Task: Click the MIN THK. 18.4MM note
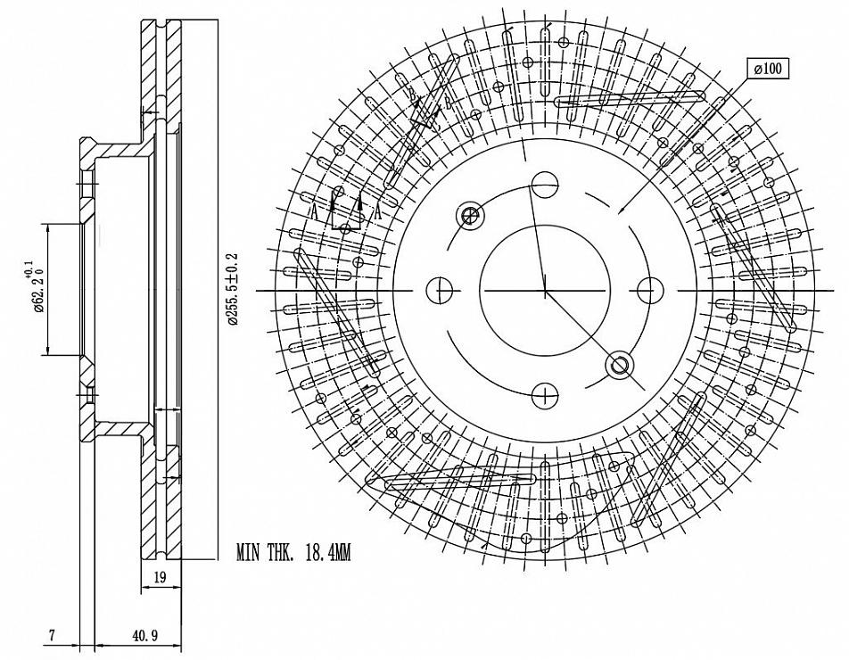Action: [x=293, y=554]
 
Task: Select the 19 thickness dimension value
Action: [x=160, y=578]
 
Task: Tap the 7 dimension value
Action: [x=53, y=636]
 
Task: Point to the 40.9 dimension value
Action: [x=144, y=636]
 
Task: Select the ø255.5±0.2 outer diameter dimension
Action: [x=234, y=290]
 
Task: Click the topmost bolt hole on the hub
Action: [x=545, y=185]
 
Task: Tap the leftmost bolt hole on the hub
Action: [x=439, y=290]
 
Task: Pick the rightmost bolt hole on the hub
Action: [x=651, y=290]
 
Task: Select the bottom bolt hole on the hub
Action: [x=545, y=395]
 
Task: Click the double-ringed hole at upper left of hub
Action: [x=470, y=214]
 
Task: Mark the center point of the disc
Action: [x=545, y=290]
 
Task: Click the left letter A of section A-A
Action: [x=314, y=211]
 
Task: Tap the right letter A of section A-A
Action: [x=378, y=211]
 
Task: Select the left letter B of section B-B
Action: [x=413, y=93]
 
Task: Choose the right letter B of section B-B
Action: [x=448, y=102]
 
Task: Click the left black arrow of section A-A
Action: [x=333, y=202]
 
